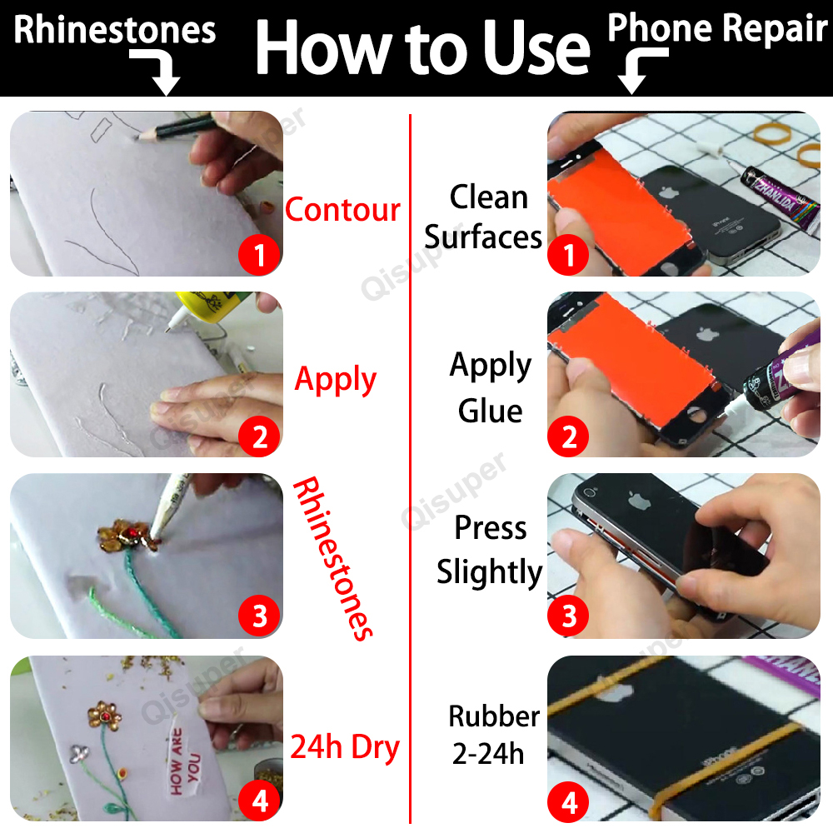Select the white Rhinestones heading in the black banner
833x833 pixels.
tap(115, 30)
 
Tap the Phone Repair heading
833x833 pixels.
tap(717, 27)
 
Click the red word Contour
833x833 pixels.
tap(342, 209)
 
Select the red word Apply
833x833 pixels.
tap(336, 380)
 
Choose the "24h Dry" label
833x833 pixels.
tap(345, 747)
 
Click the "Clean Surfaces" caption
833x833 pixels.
tap(484, 217)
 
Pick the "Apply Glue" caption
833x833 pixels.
tap(491, 388)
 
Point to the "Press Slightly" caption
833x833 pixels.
tap(490, 551)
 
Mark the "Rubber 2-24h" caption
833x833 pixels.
tap(493, 735)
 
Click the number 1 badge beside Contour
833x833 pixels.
tap(259, 255)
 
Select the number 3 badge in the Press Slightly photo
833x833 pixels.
tap(570, 617)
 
